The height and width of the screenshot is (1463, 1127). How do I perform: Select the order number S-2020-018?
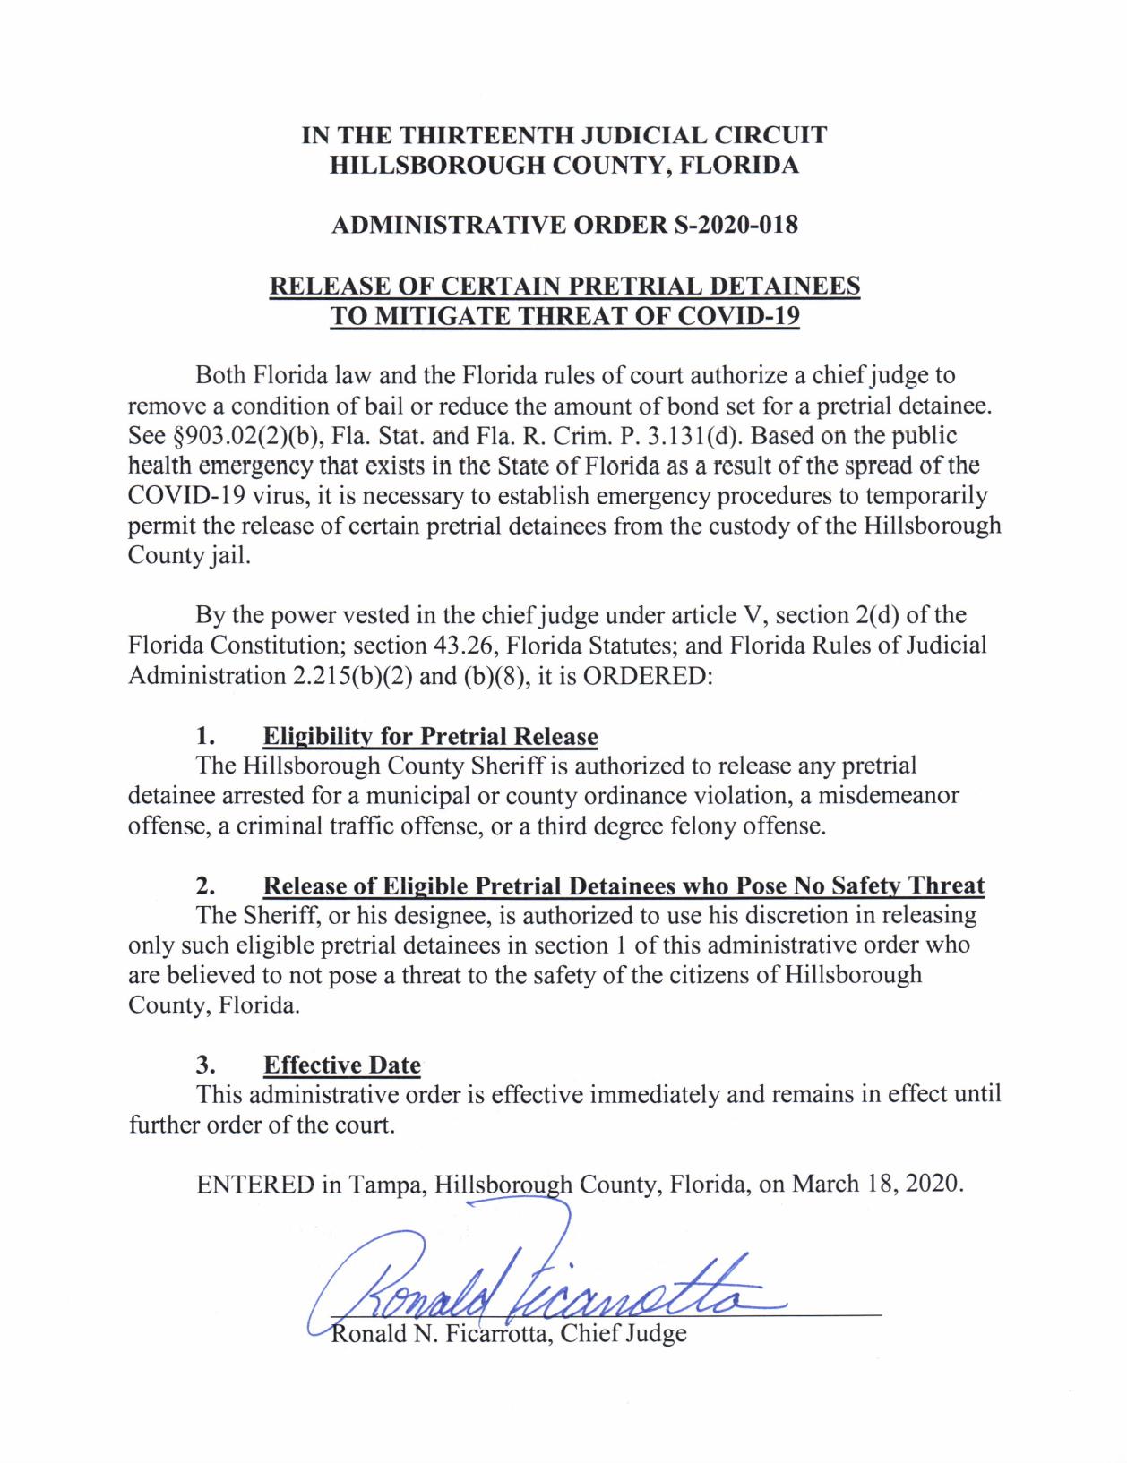(x=736, y=224)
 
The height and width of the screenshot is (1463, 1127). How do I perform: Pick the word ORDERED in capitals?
(x=644, y=675)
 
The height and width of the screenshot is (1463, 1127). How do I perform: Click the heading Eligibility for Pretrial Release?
(x=430, y=736)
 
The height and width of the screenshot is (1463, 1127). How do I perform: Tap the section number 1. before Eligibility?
(x=206, y=736)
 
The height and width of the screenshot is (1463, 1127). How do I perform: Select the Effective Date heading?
(x=341, y=1065)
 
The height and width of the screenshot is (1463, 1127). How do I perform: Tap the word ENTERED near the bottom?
(x=255, y=1184)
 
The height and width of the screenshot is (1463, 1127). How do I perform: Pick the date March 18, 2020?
(x=878, y=1184)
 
